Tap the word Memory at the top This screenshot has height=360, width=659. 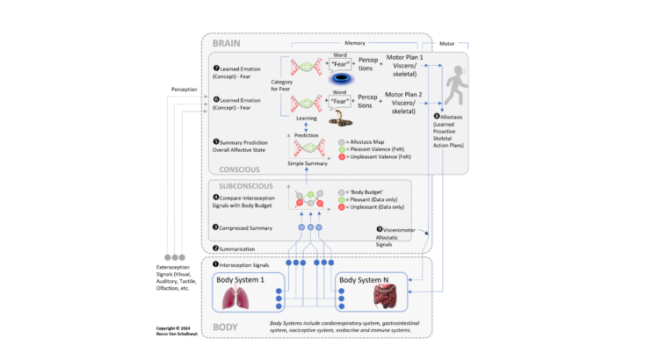click(x=355, y=43)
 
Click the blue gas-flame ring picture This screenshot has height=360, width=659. click(x=344, y=78)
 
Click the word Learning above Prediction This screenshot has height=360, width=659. click(x=306, y=117)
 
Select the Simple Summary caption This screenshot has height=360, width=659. click(x=306, y=164)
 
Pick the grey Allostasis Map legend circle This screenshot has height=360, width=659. click(x=344, y=140)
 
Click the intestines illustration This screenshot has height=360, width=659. click(x=384, y=300)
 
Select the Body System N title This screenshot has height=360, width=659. click(x=370, y=280)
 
